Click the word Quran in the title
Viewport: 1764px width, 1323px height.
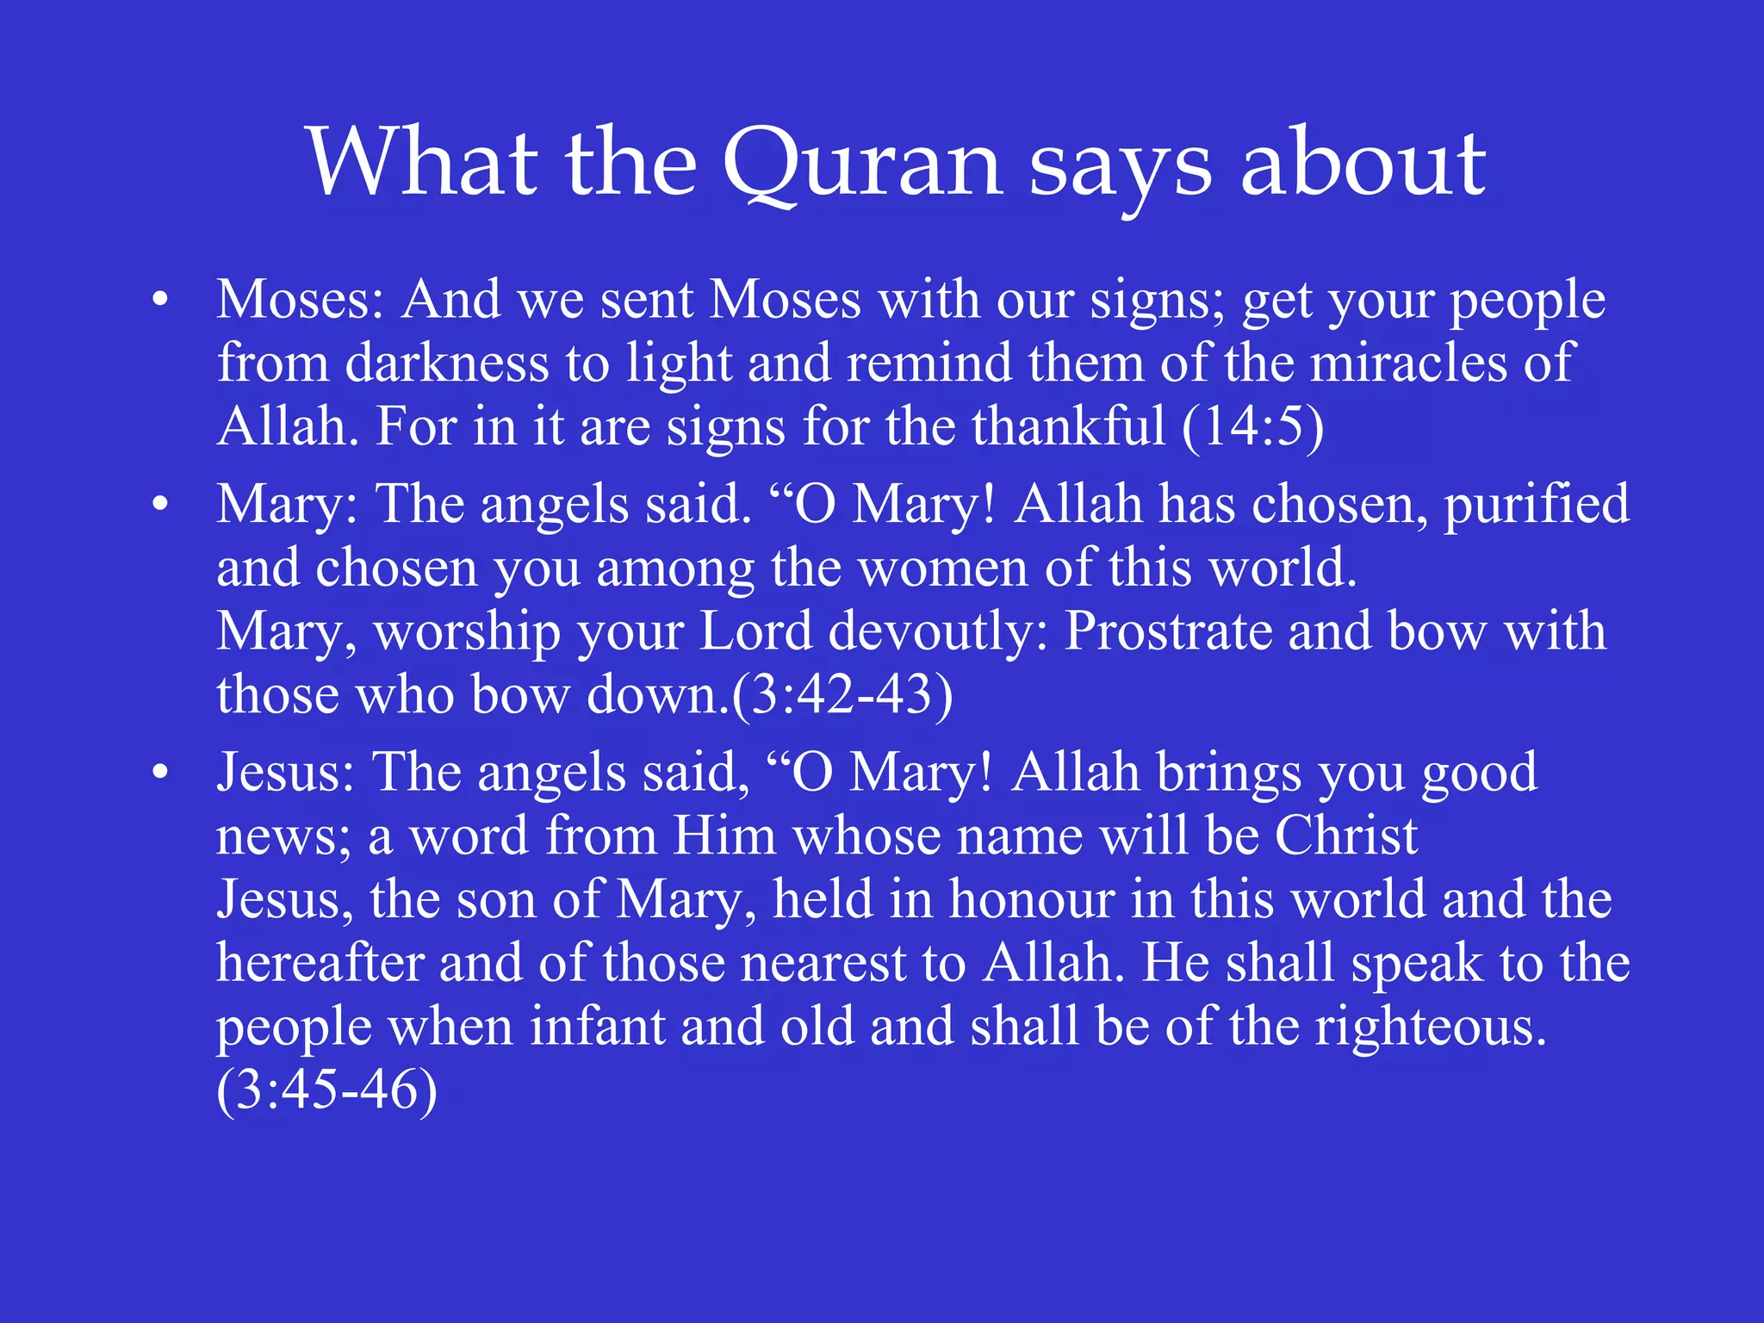click(861, 164)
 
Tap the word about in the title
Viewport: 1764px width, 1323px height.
click(1363, 164)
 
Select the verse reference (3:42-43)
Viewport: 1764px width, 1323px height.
click(842, 694)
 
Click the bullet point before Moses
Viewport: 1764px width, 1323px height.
click(159, 301)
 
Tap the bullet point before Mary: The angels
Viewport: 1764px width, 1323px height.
click(159, 505)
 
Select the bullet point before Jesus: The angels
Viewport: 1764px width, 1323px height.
click(159, 773)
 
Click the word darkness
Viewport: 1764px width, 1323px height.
click(447, 363)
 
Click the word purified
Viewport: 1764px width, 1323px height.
click(1536, 505)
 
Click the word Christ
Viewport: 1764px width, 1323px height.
click(1345, 835)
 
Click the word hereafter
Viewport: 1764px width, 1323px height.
click(320, 962)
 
